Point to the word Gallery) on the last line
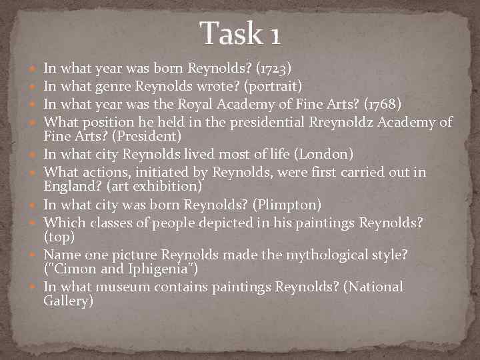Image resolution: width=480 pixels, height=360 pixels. pyautogui.click(x=68, y=302)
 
